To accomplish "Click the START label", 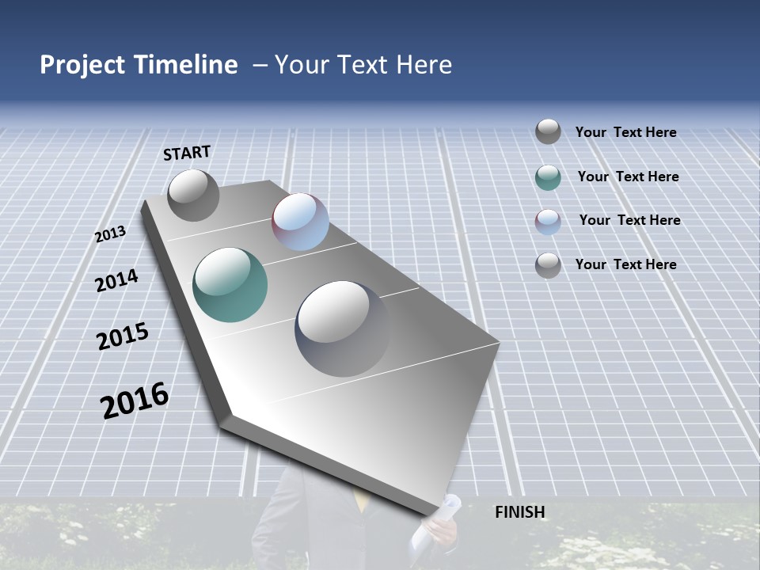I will coord(187,153).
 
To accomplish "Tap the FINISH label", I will coord(519,512).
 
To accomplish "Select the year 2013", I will coord(110,234).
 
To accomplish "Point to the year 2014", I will coord(116,281).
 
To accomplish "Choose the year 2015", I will coord(123,336).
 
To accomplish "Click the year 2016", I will coord(135,401).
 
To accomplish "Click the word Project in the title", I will coord(80,65).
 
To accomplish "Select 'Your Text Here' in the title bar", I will coord(363,65).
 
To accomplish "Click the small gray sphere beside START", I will coord(193,195).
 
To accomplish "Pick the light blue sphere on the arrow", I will coord(300,222).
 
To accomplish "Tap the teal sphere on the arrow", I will coord(230,285).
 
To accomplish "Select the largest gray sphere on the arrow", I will coord(343,328).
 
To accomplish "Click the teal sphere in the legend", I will coord(548,177).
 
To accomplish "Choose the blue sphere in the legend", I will coord(548,222).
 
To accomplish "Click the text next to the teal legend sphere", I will coord(628,177).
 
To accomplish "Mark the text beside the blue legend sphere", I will coord(629,220).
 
